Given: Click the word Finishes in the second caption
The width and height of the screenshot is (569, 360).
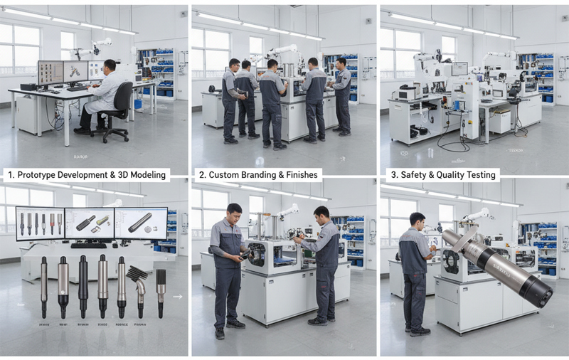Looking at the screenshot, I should [301, 175].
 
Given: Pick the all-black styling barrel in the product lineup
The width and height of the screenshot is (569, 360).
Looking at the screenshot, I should [83, 285].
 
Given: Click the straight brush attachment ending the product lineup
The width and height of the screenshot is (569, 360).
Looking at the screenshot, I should [161, 288].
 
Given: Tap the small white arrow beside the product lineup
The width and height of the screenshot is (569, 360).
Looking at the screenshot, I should [177, 297].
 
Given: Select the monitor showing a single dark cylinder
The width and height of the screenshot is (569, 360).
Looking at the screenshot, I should [141, 223].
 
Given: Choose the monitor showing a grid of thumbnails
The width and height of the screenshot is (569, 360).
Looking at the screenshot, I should [50, 72].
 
